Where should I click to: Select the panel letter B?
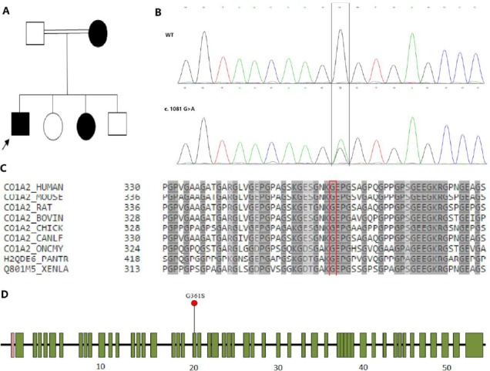click(158, 11)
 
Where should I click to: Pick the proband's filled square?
click(21, 123)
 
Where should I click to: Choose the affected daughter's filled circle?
click(85, 123)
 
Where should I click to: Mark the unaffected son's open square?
click(116, 123)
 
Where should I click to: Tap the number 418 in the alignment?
click(133, 251)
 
